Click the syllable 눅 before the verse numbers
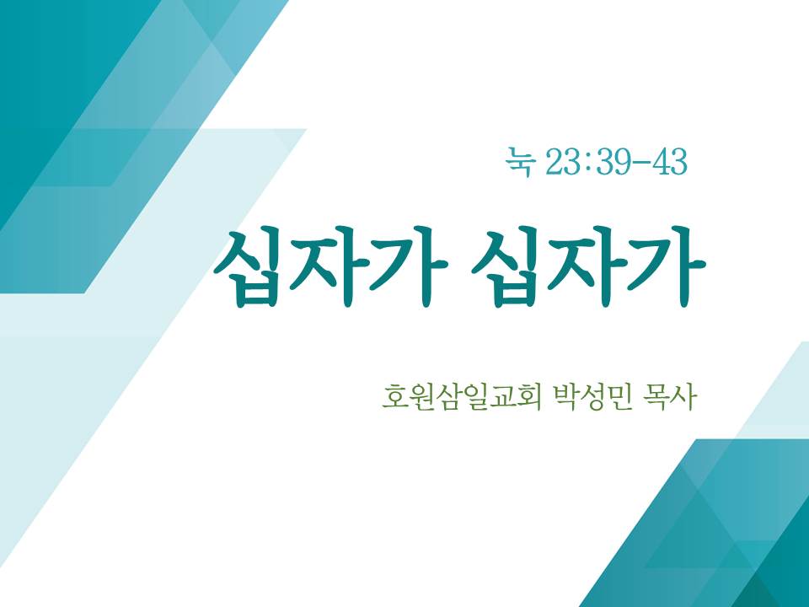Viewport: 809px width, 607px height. (519, 162)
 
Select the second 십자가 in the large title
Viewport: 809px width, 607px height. (589, 267)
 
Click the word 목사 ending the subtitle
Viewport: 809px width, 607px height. (672, 397)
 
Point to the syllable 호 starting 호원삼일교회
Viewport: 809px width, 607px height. (395, 397)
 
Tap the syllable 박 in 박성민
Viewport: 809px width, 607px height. (566, 397)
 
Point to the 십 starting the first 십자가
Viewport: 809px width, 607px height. (249, 267)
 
